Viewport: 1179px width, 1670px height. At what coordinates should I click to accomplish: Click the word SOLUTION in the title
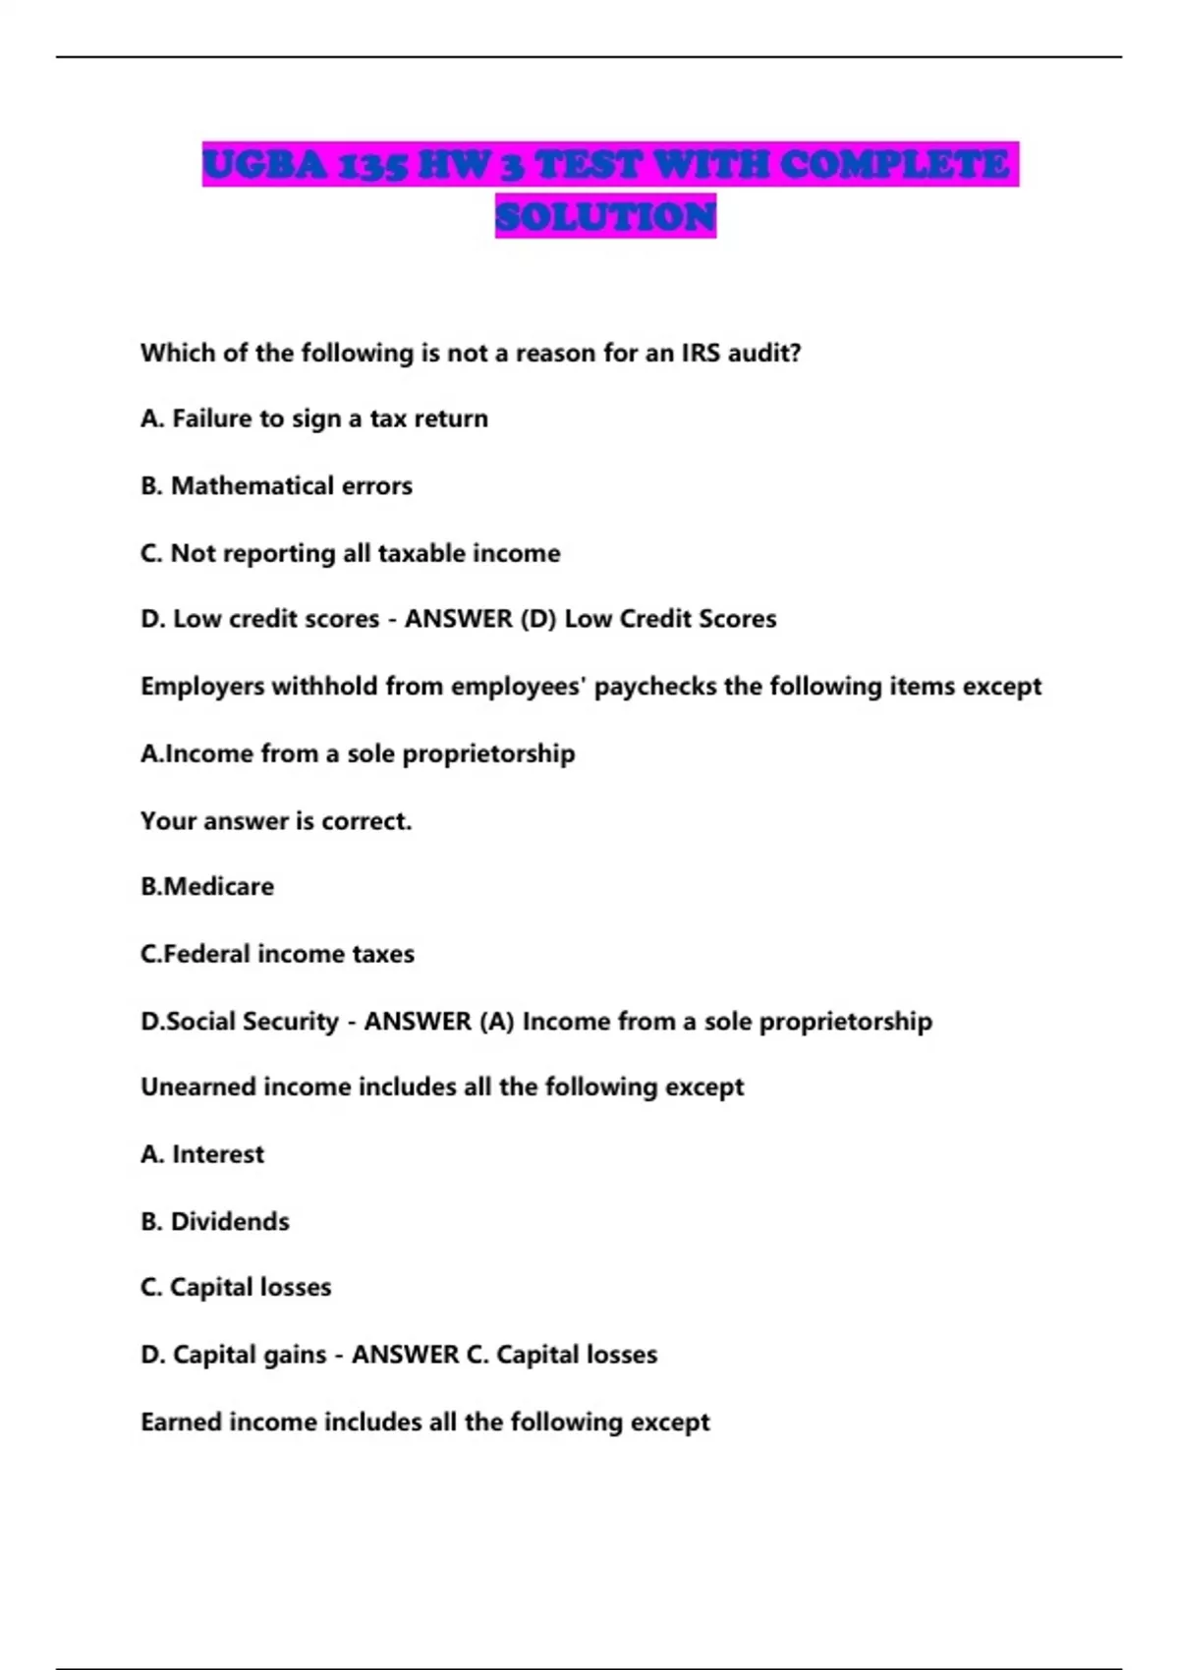pos(605,216)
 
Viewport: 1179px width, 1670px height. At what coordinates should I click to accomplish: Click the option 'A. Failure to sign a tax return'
pos(314,418)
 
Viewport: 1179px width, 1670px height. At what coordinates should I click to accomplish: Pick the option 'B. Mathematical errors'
pos(276,485)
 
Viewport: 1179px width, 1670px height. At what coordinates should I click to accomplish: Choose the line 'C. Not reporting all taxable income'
pos(350,553)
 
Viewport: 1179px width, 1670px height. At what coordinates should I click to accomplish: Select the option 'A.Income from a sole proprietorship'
pos(358,753)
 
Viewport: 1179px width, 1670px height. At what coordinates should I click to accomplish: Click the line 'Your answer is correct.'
pos(276,820)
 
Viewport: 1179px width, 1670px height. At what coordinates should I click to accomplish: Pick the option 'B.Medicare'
pos(207,886)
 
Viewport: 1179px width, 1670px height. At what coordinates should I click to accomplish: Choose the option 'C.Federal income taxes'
pos(277,954)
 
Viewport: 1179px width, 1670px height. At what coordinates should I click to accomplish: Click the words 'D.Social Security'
pos(240,1022)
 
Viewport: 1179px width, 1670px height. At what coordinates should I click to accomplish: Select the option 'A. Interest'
pos(202,1154)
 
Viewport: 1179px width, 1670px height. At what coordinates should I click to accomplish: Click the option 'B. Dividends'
pos(215,1221)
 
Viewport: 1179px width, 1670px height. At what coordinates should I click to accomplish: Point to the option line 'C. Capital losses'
pos(236,1287)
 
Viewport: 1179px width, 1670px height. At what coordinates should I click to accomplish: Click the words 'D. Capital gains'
pos(233,1355)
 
